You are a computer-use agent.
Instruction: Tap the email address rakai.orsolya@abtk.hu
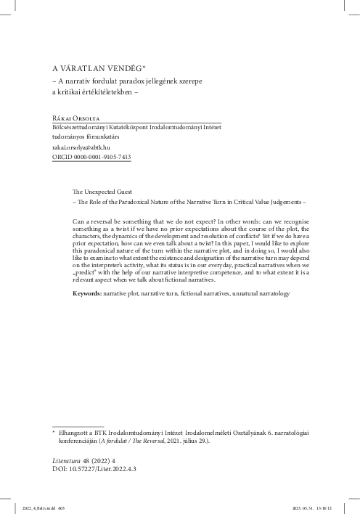81,146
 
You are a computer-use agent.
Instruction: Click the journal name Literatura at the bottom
60,460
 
